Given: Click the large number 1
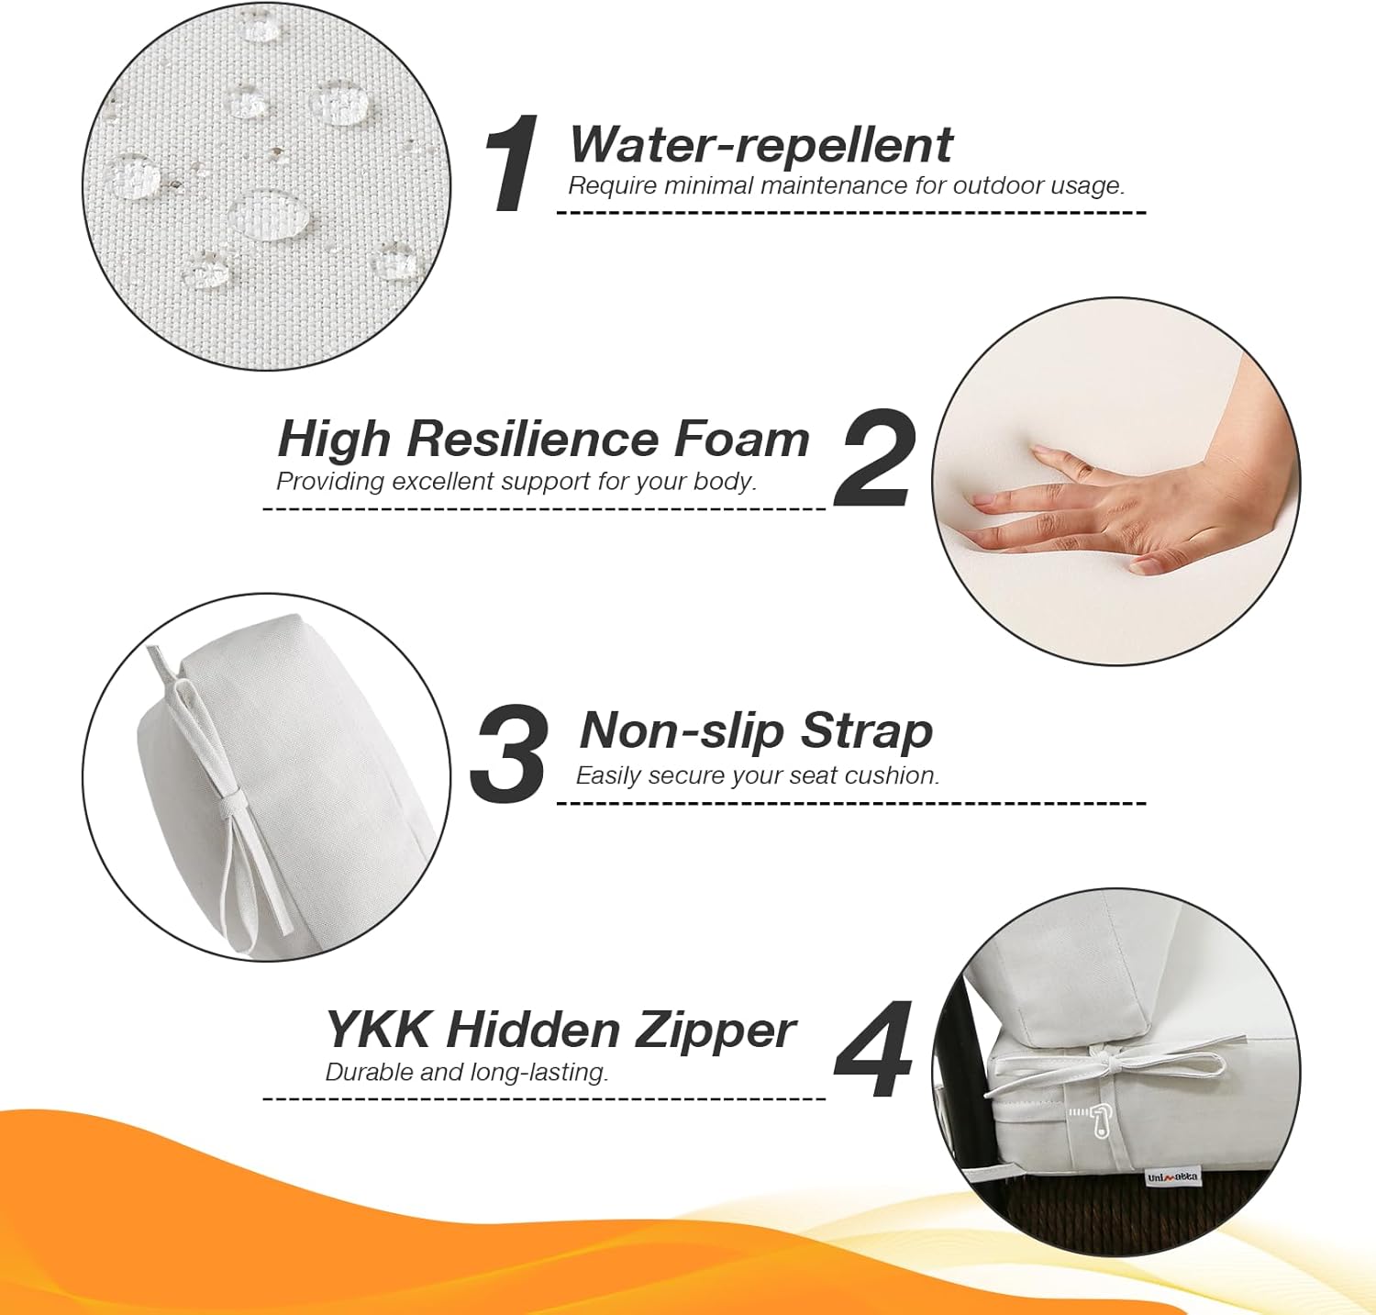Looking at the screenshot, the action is click(512, 164).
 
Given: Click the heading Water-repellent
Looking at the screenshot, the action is click(760, 144).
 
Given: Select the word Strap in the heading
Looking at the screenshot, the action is click(866, 731).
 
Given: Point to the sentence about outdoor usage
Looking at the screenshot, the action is click(846, 185).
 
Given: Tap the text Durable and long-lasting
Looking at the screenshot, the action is click(467, 1072).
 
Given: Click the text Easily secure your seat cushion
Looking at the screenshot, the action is click(758, 775).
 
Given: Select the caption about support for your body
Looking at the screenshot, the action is click(516, 481).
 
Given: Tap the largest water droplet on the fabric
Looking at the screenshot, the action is click(270, 218).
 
